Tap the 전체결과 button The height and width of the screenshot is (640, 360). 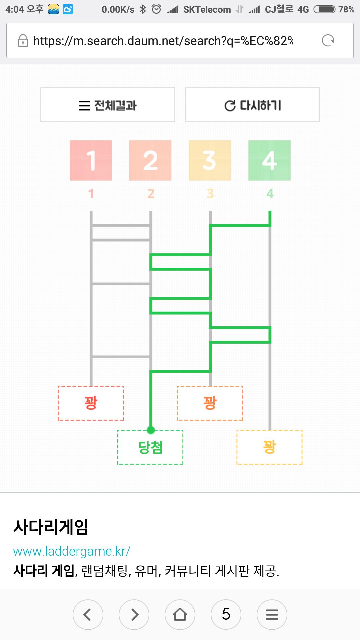(108, 105)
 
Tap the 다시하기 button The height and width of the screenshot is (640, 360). (252, 105)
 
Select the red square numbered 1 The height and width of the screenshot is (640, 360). (91, 160)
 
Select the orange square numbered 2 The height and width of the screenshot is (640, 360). (150, 160)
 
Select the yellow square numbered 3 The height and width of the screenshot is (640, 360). (210, 160)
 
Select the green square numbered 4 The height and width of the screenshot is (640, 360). (269, 160)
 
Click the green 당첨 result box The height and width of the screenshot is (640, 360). (150, 447)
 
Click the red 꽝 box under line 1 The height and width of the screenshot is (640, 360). (91, 403)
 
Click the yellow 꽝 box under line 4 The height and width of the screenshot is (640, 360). (269, 447)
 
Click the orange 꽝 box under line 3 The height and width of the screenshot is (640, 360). (210, 403)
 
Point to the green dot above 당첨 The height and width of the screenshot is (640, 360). (151, 430)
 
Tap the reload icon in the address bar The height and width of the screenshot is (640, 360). (328, 41)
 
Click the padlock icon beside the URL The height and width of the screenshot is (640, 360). (23, 41)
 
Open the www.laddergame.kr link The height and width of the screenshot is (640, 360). (72, 551)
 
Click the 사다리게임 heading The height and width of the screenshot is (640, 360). (51, 527)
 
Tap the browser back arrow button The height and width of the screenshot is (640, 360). (88, 615)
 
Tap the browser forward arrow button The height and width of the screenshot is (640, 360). (134, 615)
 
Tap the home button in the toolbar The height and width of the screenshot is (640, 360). (180, 615)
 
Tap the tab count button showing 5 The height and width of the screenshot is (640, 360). (226, 615)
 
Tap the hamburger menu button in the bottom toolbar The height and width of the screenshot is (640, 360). (272, 615)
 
